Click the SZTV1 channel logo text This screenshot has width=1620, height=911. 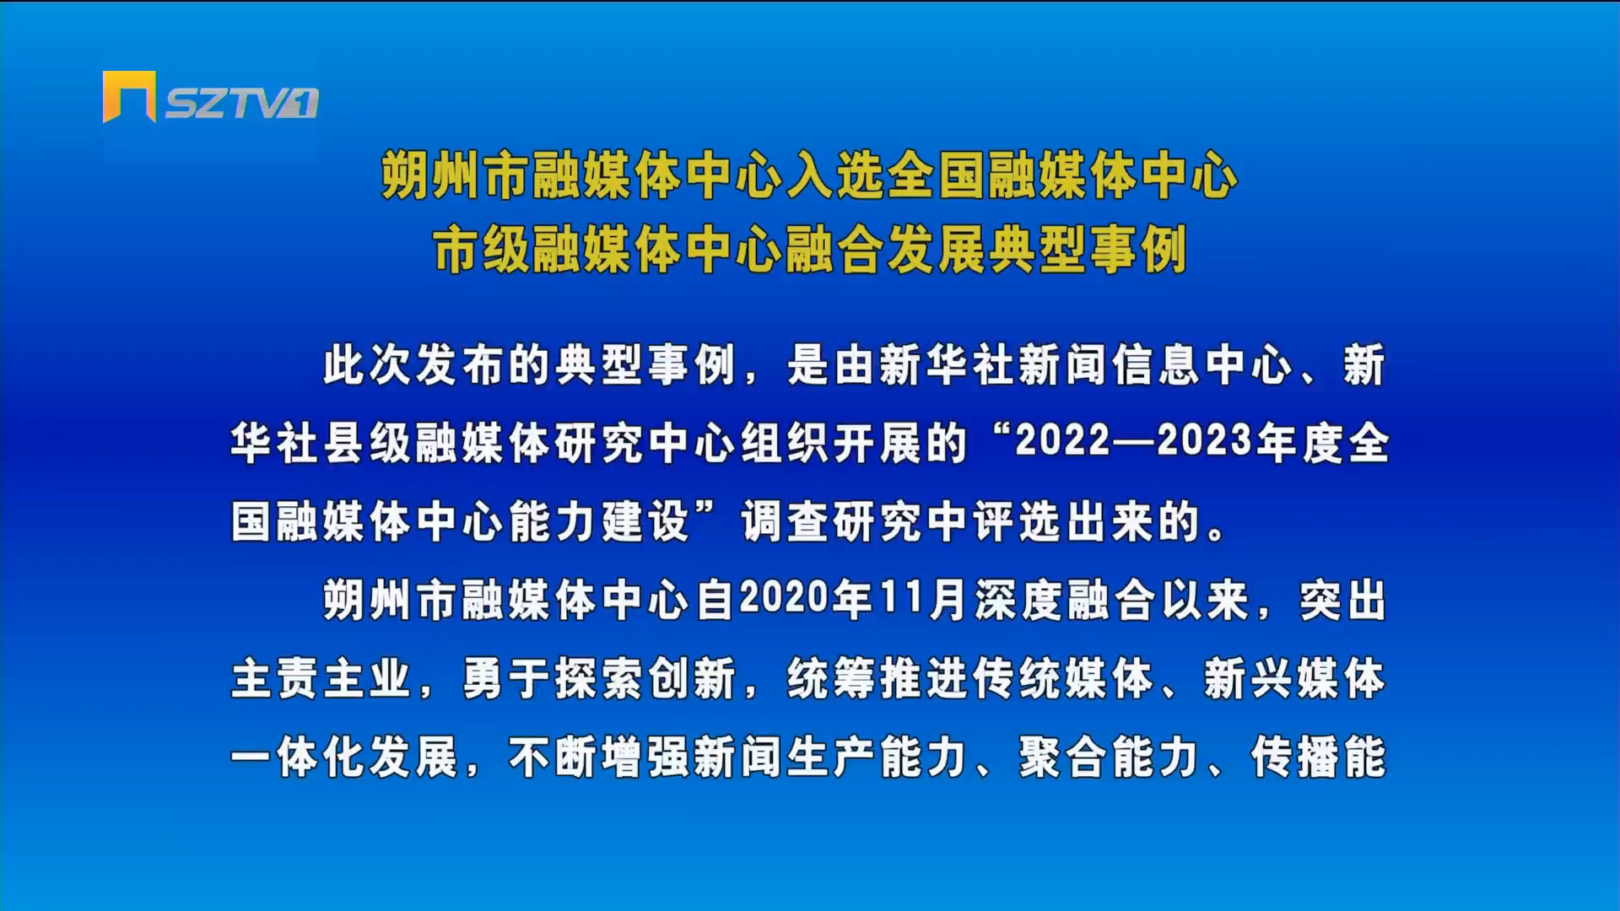tap(241, 103)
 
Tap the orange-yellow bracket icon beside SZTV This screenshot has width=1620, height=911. tap(129, 96)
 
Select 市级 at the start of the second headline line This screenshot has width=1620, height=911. tap(482, 250)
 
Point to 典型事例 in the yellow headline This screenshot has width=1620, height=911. tap(1088, 250)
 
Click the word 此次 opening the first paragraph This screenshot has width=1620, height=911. tap(369, 365)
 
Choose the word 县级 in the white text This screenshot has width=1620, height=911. tap(369, 443)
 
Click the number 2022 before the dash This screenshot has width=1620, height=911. tap(1062, 440)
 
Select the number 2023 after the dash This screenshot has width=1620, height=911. tap(1205, 440)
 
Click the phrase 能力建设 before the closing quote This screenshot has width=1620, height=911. tap(600, 521)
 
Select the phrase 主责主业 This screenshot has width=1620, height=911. tap(322, 678)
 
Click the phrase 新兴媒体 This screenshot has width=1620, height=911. tap(1295, 678)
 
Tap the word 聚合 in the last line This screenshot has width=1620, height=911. tap(1064, 757)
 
